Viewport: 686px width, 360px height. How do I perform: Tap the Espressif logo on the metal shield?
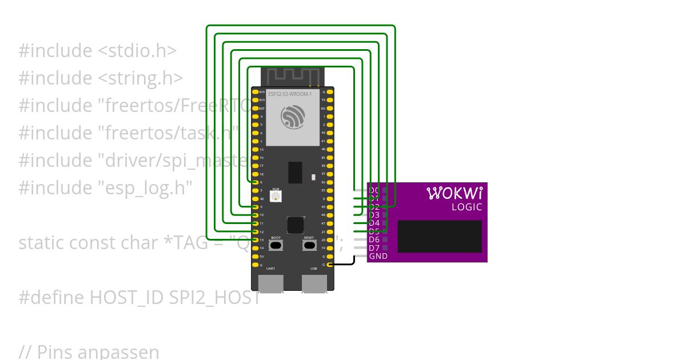pos(293,117)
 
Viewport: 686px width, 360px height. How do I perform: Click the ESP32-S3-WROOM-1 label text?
pos(290,94)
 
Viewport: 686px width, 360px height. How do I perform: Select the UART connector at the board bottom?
pos(271,283)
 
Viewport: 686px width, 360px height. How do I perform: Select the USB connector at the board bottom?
pos(314,283)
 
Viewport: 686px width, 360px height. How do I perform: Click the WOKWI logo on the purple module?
pos(455,193)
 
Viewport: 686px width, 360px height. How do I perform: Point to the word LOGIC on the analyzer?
pos(466,207)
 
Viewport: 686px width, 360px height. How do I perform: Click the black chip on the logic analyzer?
pos(439,236)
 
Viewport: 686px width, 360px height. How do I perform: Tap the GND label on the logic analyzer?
pos(378,256)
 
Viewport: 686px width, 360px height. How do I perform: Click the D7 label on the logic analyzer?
pos(374,248)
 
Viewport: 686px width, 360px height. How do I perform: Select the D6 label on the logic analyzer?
pos(374,239)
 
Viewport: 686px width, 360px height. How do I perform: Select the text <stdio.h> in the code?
pos(137,50)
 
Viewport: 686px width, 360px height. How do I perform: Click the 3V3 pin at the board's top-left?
pos(255,92)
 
